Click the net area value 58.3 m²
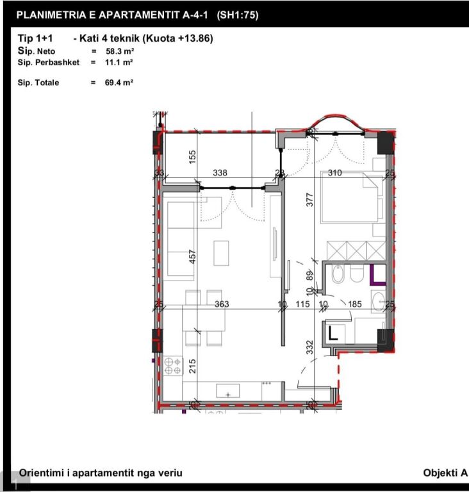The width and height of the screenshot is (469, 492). [x=119, y=51]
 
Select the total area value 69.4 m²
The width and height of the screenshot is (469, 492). [x=119, y=83]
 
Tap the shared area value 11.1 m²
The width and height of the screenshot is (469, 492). [x=119, y=62]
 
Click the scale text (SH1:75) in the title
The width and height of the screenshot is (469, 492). [x=238, y=15]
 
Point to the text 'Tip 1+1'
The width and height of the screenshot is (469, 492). [x=35, y=38]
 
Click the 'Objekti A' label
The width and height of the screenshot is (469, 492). [x=445, y=473]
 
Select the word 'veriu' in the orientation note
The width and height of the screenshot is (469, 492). [x=169, y=473]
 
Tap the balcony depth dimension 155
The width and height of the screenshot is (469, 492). [x=192, y=156]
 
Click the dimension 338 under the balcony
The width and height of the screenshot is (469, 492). [x=220, y=173]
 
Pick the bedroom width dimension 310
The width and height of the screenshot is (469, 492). [x=334, y=173]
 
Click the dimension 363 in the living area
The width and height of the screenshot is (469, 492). [x=221, y=304]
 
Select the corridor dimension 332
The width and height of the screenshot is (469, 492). [x=309, y=348]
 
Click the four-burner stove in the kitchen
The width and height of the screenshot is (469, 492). [x=172, y=366]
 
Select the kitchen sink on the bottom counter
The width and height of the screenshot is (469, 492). [x=228, y=390]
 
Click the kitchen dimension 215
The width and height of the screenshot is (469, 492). [x=192, y=366]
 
